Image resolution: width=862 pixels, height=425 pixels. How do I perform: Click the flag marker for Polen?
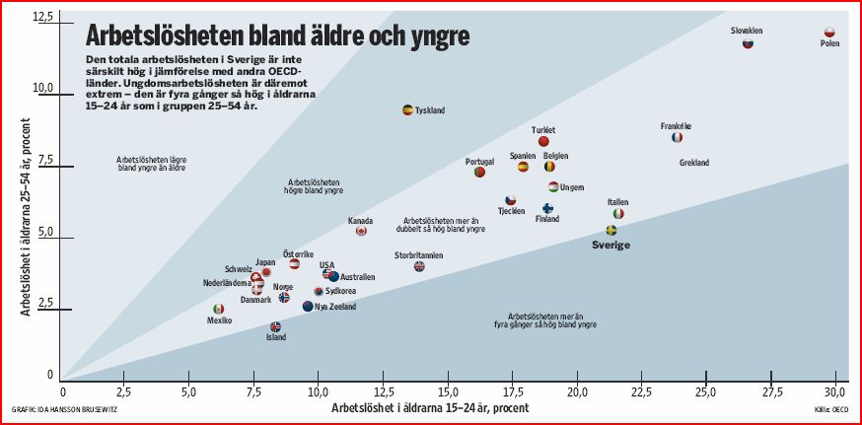click(829, 33)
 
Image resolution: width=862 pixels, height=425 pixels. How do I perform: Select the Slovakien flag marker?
click(748, 43)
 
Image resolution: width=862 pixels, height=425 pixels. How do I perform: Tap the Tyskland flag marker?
click(407, 109)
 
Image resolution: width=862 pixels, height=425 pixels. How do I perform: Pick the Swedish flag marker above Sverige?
click(611, 230)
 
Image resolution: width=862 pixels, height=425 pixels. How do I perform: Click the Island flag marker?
click(275, 326)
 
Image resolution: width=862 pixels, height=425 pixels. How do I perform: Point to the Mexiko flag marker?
click(219, 309)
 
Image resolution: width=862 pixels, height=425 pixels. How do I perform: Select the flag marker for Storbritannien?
click(419, 266)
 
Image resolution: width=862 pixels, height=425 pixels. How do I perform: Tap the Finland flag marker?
click(547, 208)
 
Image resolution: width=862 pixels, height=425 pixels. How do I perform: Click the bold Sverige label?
click(611, 245)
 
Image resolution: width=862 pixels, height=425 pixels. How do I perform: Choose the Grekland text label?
click(694, 163)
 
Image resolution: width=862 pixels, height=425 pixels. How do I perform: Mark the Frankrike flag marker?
click(677, 137)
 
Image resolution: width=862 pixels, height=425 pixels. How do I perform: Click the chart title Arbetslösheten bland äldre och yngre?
click(277, 37)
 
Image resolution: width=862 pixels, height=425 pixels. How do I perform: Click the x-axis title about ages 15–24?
click(429, 406)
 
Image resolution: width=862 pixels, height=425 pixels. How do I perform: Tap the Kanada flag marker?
click(361, 231)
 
